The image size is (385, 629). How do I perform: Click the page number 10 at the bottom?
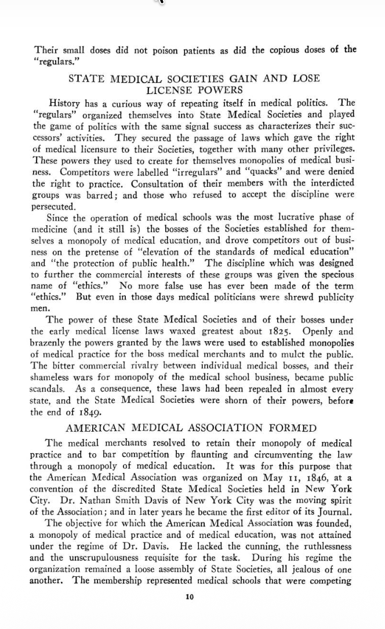click(190, 597)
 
